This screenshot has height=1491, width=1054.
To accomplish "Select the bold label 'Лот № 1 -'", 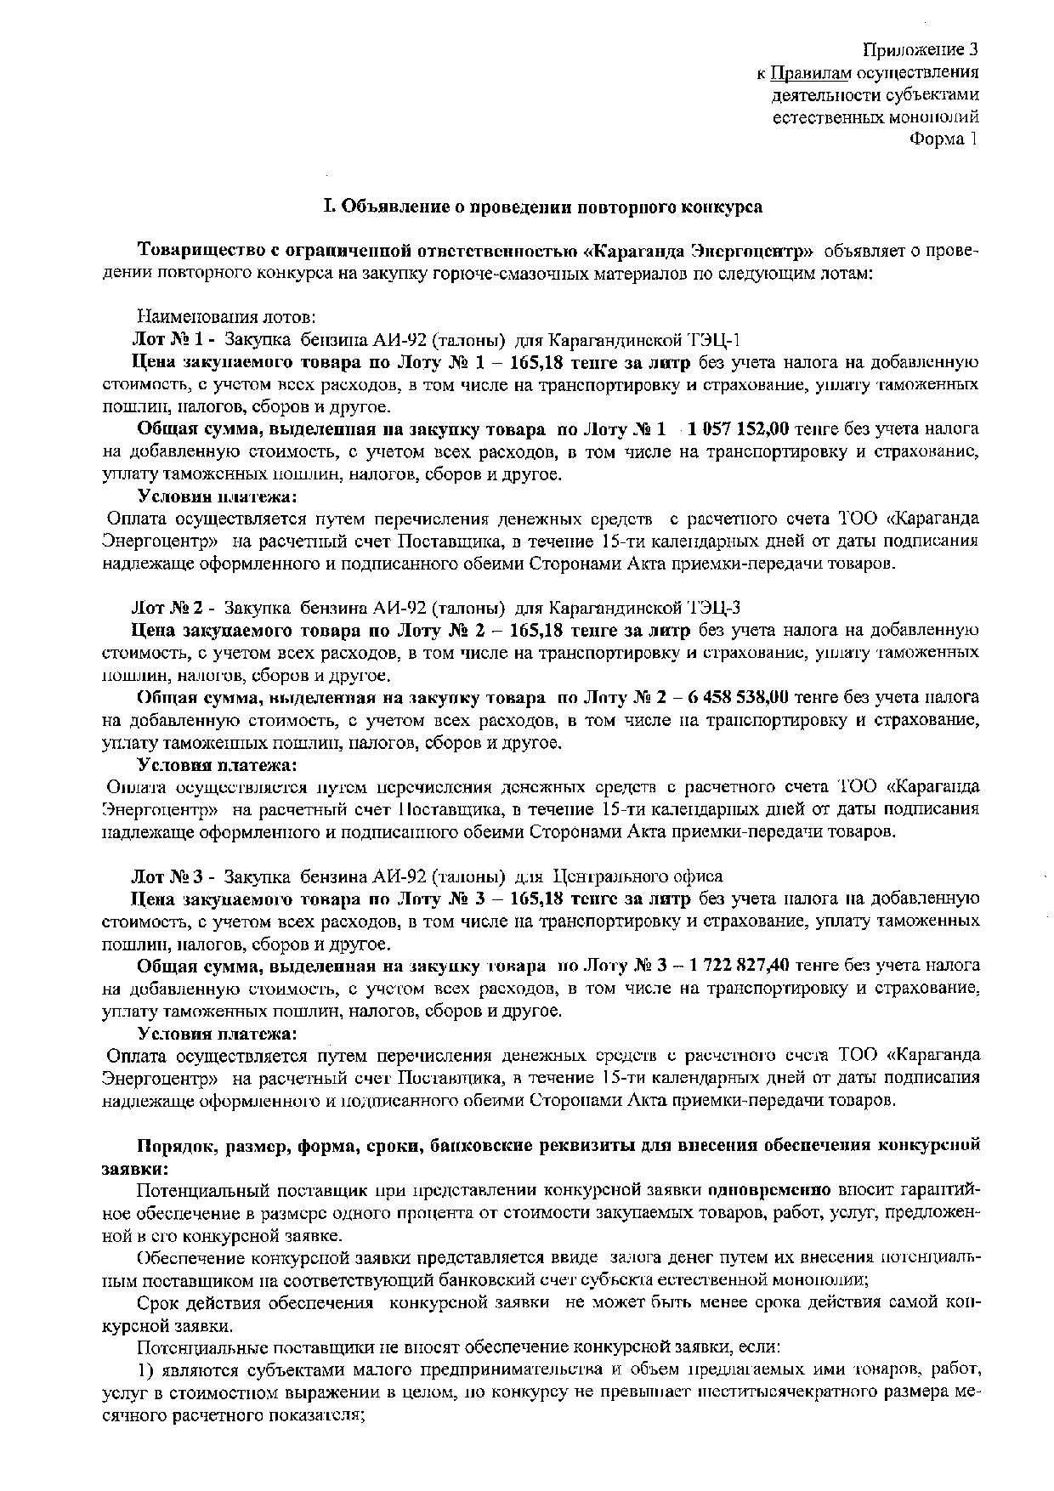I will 171,340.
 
